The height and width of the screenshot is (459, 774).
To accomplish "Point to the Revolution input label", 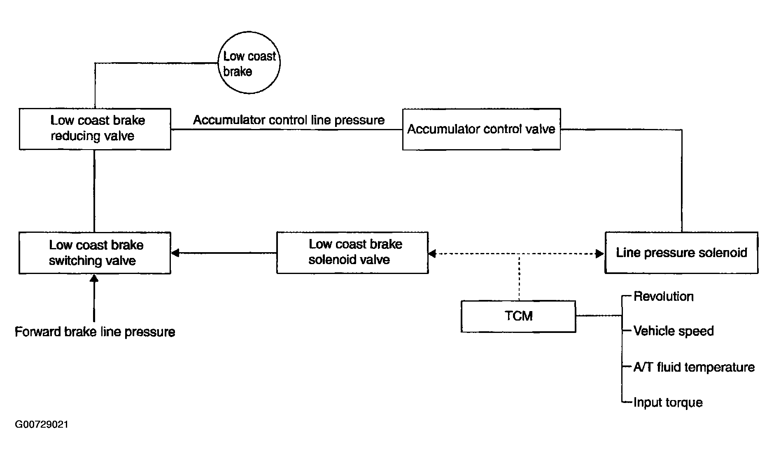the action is (664, 296).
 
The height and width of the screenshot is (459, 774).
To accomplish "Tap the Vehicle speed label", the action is (674, 331).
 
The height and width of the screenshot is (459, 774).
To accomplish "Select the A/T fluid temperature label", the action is (694, 367).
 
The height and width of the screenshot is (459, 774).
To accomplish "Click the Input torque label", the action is (668, 402).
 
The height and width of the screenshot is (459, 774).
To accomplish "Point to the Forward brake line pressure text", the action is (95, 332).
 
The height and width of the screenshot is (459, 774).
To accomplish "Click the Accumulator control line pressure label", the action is (289, 120).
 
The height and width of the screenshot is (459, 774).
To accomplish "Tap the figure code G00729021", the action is (42, 424).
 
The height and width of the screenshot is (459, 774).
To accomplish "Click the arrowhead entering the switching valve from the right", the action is (175, 253).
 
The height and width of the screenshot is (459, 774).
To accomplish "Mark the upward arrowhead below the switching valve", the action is (95, 279).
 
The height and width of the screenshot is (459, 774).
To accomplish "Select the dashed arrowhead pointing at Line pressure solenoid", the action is (600, 253).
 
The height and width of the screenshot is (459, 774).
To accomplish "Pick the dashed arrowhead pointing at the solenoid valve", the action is (433, 253).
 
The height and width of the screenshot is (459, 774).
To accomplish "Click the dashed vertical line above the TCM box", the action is (519, 277).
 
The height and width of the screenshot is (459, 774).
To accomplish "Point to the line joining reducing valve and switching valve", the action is (95, 191).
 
